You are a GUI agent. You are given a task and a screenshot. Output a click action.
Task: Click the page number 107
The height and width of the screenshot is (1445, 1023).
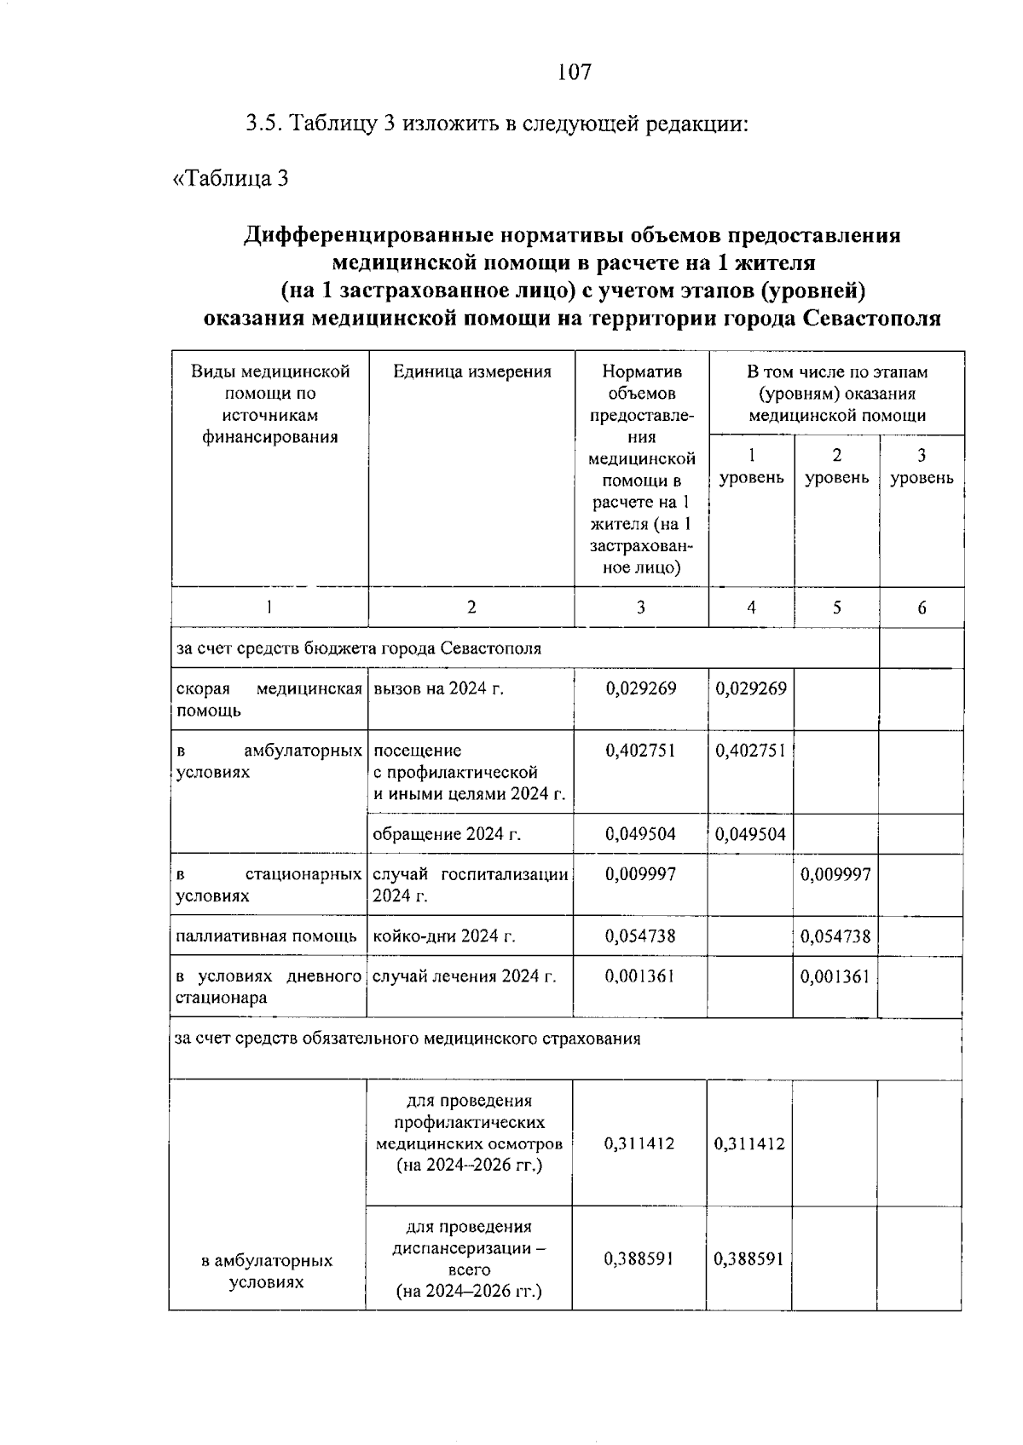click(574, 72)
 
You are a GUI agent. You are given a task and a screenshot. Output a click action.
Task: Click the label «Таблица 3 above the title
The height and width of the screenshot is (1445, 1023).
click(231, 178)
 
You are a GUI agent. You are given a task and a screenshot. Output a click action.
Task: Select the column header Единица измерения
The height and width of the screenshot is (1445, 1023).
click(471, 371)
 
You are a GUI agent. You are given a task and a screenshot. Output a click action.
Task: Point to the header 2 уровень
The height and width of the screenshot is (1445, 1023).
click(836, 466)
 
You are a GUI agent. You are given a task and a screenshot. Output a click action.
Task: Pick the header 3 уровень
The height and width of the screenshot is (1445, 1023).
click(922, 466)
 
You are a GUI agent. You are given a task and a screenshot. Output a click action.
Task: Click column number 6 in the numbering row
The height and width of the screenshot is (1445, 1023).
click(922, 607)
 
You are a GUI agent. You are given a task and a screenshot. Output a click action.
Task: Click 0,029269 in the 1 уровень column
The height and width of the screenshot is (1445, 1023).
click(751, 688)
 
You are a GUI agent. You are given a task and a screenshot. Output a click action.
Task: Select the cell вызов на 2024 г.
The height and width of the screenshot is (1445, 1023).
click(438, 688)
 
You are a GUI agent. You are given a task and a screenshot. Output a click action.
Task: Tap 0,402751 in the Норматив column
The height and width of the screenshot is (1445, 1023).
click(640, 751)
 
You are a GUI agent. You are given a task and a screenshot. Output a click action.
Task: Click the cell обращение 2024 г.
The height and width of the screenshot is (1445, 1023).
click(447, 834)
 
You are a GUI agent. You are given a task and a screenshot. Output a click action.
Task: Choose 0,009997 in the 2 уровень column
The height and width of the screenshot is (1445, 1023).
click(835, 874)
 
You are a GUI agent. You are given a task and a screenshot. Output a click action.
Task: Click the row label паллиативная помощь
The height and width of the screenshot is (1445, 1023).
click(266, 936)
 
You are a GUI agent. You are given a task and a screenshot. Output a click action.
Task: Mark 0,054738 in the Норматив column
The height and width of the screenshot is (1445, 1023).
click(640, 936)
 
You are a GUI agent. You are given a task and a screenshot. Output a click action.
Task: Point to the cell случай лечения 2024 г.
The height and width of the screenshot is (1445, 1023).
click(465, 976)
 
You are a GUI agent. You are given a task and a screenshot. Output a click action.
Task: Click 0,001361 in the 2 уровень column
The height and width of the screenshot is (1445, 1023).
click(835, 976)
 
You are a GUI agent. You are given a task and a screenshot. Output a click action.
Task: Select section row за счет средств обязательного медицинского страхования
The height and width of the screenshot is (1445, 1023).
click(407, 1039)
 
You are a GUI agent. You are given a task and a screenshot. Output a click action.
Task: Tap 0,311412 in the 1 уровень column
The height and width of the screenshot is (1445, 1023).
click(749, 1143)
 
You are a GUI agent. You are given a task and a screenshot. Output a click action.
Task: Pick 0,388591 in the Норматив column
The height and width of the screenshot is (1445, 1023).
click(639, 1258)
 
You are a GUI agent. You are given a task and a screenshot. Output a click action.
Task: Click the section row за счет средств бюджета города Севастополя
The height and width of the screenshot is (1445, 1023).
click(358, 648)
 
